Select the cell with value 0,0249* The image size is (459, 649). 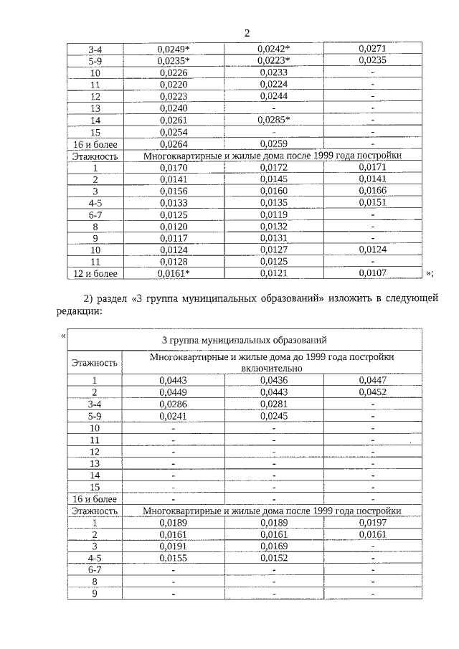pyautogui.click(x=173, y=49)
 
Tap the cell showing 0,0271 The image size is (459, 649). pyautogui.click(x=372, y=49)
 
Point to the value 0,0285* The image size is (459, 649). pyautogui.click(x=273, y=120)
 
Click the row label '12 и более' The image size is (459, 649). pyautogui.click(x=95, y=273)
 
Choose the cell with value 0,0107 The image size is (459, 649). pyautogui.click(x=372, y=273)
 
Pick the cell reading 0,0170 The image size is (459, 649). pyautogui.click(x=173, y=167)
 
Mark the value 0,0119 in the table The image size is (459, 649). pyautogui.click(x=273, y=214)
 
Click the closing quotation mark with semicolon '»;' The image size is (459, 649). pyautogui.click(x=429, y=273)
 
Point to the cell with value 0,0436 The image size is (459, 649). pyautogui.click(x=273, y=379)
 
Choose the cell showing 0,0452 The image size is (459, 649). pyautogui.click(x=372, y=392)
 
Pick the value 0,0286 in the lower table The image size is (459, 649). pyautogui.click(x=173, y=404)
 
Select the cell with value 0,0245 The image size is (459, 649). pyautogui.click(x=273, y=415)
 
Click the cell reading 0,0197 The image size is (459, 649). pyautogui.click(x=372, y=522)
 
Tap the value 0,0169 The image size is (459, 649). pyautogui.click(x=273, y=546)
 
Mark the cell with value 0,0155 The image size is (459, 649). pyautogui.click(x=173, y=557)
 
